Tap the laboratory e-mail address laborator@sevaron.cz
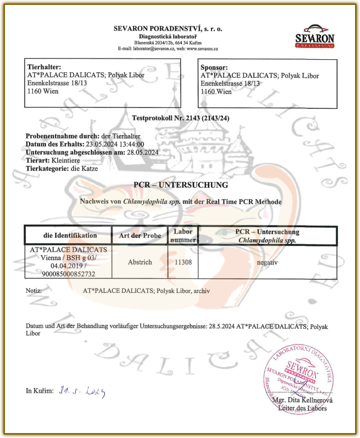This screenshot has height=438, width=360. [x=151, y=49]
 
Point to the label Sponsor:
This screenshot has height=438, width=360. [x=214, y=67]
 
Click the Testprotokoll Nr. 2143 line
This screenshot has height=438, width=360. [x=181, y=118]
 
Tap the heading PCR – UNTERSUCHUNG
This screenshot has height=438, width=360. [x=181, y=185]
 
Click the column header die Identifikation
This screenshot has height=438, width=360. [x=68, y=235]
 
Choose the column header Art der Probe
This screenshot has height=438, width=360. [x=140, y=235]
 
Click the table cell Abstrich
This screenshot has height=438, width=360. [x=140, y=262]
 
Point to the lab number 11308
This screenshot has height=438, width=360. [x=183, y=262]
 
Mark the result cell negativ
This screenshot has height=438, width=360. [x=267, y=262]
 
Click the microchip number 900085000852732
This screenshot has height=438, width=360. [x=68, y=274]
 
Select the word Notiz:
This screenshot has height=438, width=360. [x=34, y=291]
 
